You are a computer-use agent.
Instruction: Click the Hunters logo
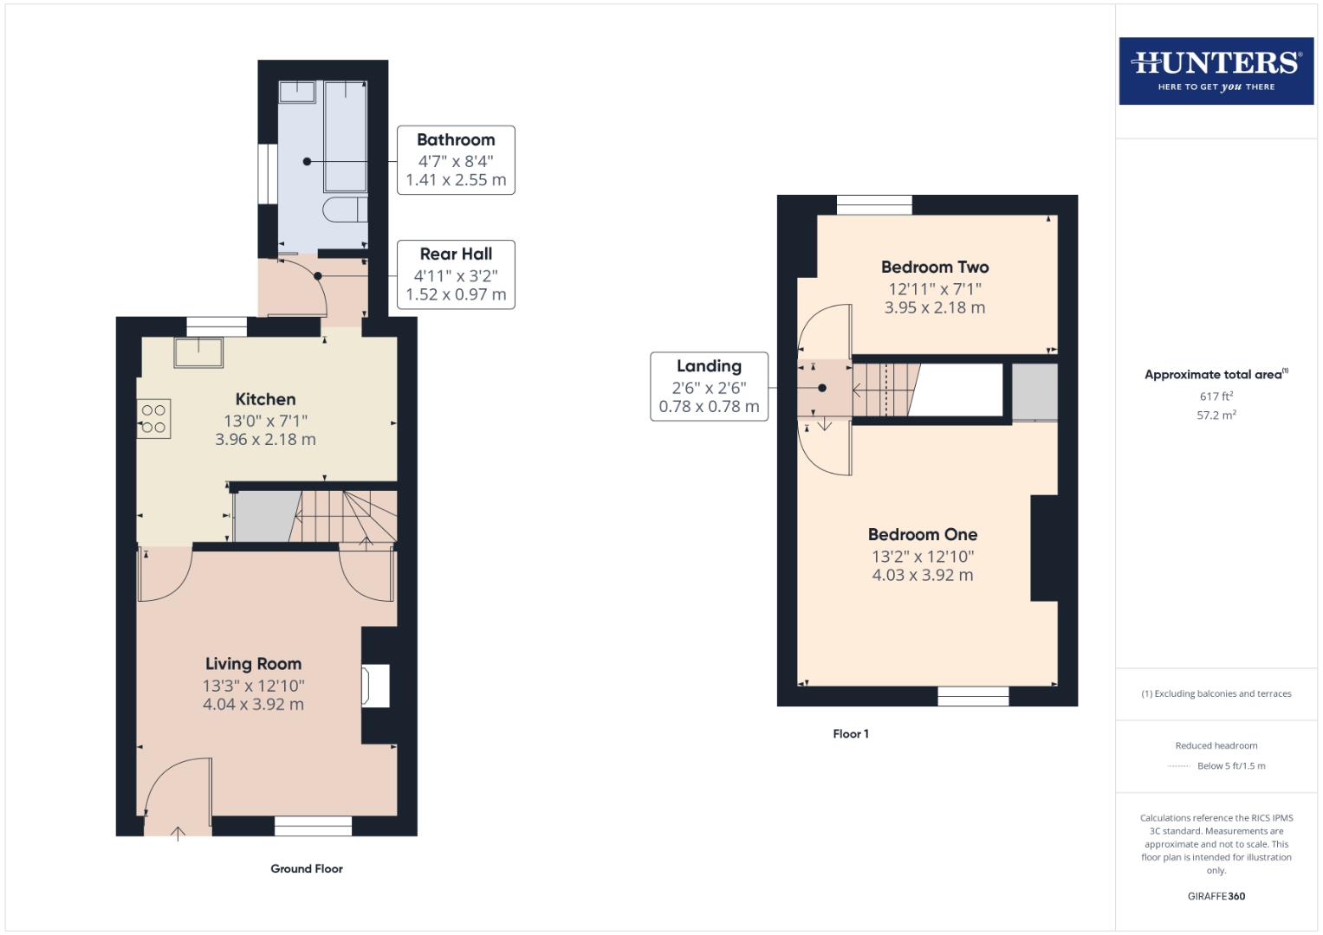pyautogui.click(x=1216, y=71)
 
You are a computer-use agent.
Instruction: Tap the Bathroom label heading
pyautogui.click(x=456, y=140)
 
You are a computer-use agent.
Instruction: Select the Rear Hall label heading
pyautogui.click(x=456, y=254)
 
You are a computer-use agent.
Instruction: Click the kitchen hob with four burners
pyautogui.click(x=153, y=419)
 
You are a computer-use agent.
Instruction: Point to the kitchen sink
pyautogui.click(x=198, y=352)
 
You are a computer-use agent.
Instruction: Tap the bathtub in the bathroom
pyautogui.click(x=345, y=136)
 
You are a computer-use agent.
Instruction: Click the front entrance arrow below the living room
pyautogui.click(x=178, y=834)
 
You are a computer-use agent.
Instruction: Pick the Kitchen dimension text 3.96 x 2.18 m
pyautogui.click(x=265, y=440)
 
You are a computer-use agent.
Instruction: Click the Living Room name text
pyautogui.click(x=253, y=664)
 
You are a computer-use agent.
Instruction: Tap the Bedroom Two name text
pyautogui.click(x=935, y=268)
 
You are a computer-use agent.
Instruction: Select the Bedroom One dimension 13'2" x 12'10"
pyautogui.click(x=923, y=557)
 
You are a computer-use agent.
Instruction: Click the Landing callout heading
pyautogui.click(x=709, y=366)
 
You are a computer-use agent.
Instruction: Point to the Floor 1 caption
pyautogui.click(x=850, y=734)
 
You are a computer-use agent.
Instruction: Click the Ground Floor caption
pyautogui.click(x=307, y=869)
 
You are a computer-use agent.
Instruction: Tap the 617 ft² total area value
pyautogui.click(x=1216, y=397)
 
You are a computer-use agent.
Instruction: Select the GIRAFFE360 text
pyautogui.click(x=1216, y=897)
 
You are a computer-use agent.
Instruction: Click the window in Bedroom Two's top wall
pyautogui.click(x=874, y=205)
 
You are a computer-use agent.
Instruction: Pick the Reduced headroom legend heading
pyautogui.click(x=1216, y=745)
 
